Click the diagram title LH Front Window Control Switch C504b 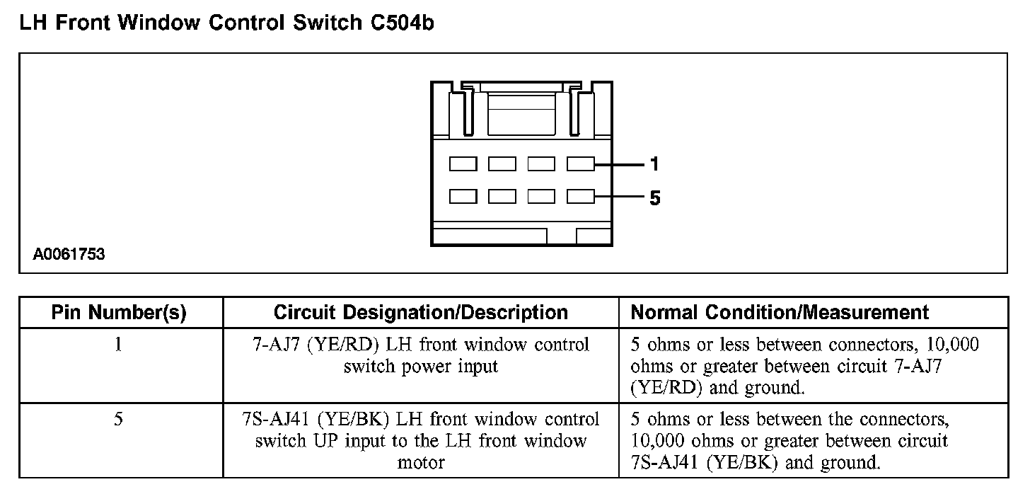(x=226, y=23)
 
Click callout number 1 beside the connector (x=654, y=165)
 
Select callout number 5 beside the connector (x=654, y=198)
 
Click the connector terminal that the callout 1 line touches (x=581, y=164)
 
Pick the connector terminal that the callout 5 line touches (x=581, y=197)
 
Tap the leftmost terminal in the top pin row (x=463, y=164)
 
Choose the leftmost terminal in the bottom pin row (x=463, y=197)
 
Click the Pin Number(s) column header (x=119, y=313)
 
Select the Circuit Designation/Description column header (x=420, y=313)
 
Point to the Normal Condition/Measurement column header (x=780, y=313)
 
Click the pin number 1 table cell (x=119, y=345)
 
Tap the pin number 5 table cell (x=119, y=420)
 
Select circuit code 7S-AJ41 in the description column (x=277, y=420)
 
